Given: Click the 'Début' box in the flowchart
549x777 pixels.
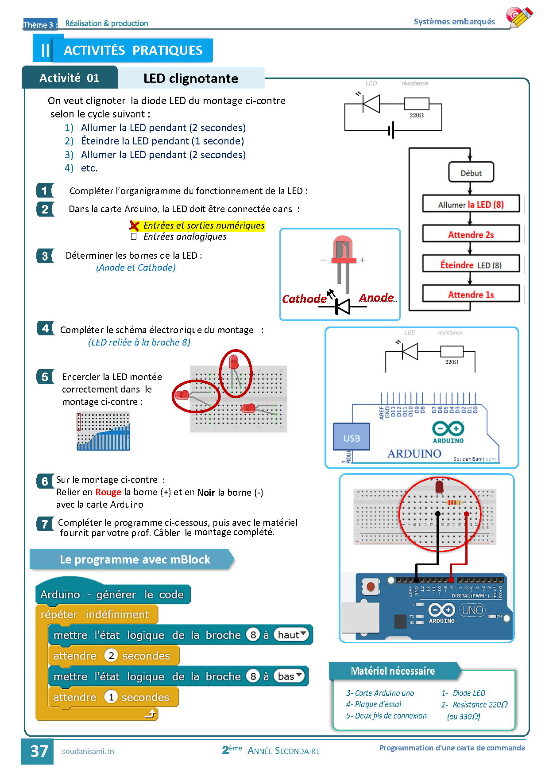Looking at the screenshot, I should pos(471,173).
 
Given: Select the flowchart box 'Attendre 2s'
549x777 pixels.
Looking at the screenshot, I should pos(471,234).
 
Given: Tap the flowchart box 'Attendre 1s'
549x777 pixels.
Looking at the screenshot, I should pos(471,295).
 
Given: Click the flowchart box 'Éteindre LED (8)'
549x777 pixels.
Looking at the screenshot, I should pos(471,264).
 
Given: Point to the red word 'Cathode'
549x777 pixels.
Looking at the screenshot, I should pos(304,299).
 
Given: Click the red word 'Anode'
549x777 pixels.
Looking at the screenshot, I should pos(376,298).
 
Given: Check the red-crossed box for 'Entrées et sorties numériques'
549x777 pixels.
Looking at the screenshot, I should pos(134,226).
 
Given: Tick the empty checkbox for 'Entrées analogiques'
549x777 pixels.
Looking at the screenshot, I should pos(134,237).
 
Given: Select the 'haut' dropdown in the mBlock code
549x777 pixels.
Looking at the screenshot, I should pos(291,635).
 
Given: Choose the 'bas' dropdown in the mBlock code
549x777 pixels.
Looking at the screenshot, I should pos(290,676).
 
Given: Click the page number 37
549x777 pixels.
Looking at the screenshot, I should pos(39,751).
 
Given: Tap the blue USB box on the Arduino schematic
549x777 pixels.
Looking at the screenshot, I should pos(352,438).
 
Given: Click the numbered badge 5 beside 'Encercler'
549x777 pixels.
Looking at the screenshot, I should pos(45,377).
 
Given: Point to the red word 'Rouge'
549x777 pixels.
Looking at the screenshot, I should pos(108,492).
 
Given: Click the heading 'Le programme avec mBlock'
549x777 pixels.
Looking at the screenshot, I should pos(135,559).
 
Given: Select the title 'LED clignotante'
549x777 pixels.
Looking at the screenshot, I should pos(190,78).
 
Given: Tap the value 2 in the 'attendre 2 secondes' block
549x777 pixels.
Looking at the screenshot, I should pos(111,655).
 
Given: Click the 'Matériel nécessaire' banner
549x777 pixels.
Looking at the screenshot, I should pos(392,671).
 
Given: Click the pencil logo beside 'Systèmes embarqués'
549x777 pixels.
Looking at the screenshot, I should pos(519,18).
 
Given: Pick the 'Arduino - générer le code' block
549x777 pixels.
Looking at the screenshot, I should pos(112,594).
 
